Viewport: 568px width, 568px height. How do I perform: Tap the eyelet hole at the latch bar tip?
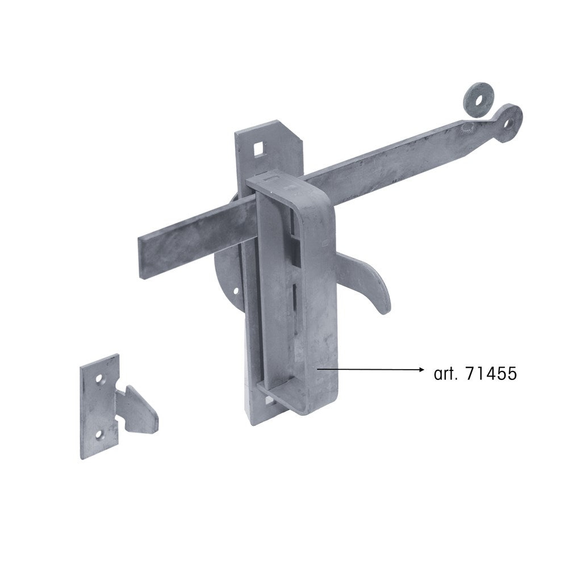[510, 122]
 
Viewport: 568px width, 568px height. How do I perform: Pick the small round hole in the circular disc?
[236, 290]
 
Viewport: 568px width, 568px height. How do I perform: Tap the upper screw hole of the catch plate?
[99, 379]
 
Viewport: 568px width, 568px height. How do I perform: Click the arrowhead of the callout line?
[420, 370]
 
